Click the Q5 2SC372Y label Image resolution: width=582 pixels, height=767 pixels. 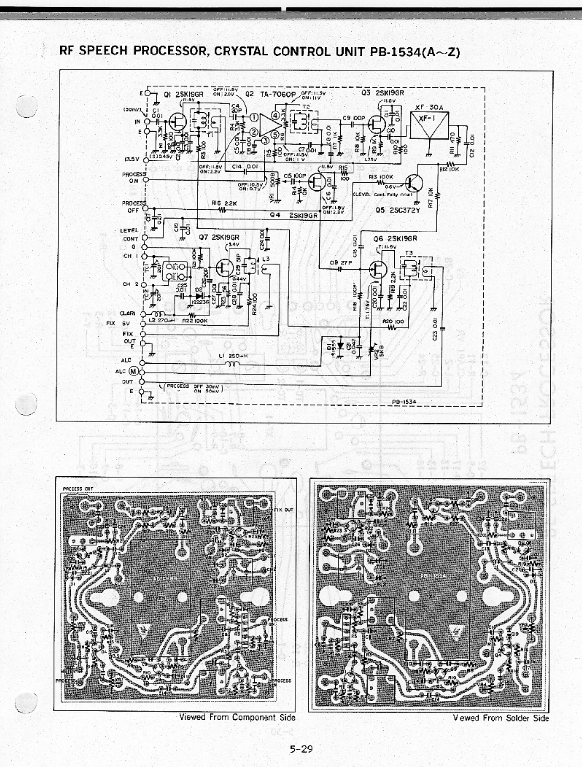pyautogui.click(x=394, y=211)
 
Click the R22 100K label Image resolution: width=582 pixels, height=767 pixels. pyautogui.click(x=194, y=321)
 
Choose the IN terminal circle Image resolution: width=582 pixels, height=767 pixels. pyautogui.click(x=144, y=122)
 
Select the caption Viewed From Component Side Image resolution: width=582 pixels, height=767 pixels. pyautogui.click(x=237, y=717)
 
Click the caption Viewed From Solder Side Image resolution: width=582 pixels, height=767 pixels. pyautogui.click(x=500, y=717)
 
